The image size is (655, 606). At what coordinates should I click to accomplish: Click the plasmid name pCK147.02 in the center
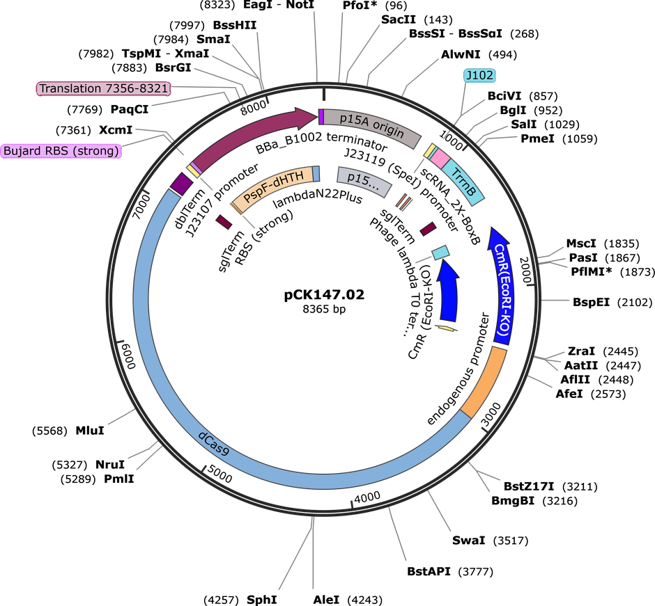(x=324, y=295)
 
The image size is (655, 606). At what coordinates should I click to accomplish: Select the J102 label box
(x=479, y=76)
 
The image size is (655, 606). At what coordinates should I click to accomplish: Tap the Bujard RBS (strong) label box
(x=61, y=150)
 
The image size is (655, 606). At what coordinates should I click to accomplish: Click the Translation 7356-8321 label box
(x=104, y=89)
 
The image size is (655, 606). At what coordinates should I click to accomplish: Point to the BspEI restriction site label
(x=591, y=302)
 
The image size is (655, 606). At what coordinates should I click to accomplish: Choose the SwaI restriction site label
(x=469, y=541)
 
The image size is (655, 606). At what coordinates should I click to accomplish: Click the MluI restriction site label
(x=90, y=431)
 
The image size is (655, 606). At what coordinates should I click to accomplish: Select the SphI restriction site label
(x=262, y=600)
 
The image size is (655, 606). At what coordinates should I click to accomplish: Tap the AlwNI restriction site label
(x=461, y=54)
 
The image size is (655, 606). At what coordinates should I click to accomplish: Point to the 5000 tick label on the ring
(x=219, y=475)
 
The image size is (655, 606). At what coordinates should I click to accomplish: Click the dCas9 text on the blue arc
(x=213, y=443)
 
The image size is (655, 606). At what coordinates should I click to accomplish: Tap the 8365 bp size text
(x=324, y=309)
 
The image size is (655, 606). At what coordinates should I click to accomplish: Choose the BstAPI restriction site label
(x=429, y=571)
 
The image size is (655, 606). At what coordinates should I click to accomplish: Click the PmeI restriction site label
(x=537, y=138)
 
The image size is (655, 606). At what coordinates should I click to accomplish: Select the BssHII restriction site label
(x=235, y=25)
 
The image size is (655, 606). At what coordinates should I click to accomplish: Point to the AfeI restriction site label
(x=569, y=393)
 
